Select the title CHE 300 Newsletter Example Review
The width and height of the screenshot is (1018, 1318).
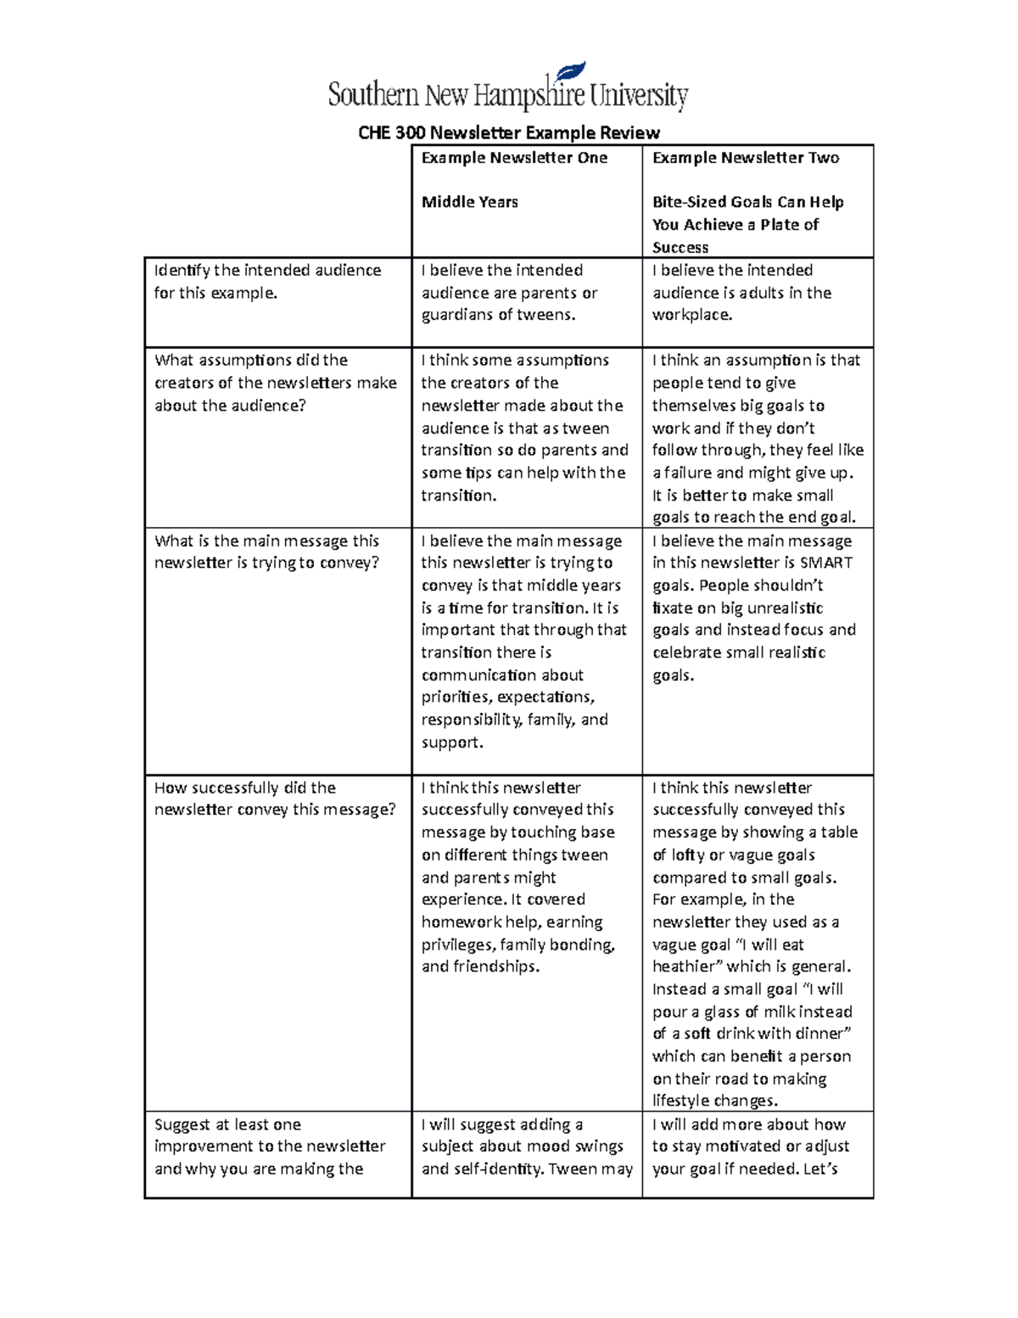pos(508,132)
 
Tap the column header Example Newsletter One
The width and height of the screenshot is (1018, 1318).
pos(514,158)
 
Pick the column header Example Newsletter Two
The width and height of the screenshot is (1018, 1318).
pos(746,158)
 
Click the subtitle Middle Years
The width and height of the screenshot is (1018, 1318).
pos(469,202)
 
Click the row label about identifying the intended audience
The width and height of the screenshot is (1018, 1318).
pos(267,281)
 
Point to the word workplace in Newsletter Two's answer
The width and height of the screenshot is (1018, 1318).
pos(691,315)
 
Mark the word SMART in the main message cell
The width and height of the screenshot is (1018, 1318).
pos(825,563)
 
